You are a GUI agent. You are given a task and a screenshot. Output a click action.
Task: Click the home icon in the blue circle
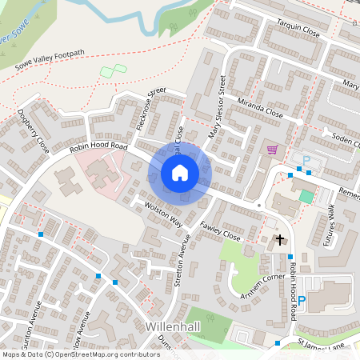(x=180, y=173)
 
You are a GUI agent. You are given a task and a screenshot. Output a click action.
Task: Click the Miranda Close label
(x=260, y=107)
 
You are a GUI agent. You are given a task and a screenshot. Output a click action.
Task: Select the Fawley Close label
(x=220, y=232)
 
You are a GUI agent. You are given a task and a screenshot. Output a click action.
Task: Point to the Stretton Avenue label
(x=182, y=266)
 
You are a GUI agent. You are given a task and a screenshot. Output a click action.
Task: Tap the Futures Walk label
(x=328, y=225)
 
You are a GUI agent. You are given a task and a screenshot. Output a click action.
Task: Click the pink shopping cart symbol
(x=272, y=149)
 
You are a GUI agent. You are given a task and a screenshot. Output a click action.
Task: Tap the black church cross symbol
(x=281, y=239)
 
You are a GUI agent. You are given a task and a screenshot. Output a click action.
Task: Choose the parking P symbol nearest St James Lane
(x=302, y=302)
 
